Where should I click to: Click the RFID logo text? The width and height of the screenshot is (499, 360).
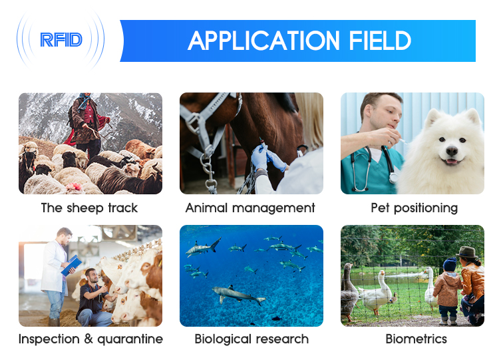pos(61,40)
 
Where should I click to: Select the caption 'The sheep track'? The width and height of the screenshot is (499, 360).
pos(89,208)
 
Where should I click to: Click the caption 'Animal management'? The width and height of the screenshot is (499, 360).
pos(250,208)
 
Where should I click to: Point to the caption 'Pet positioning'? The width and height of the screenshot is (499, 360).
pos(414,208)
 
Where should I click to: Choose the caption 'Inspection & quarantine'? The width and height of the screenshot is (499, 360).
pos(90,339)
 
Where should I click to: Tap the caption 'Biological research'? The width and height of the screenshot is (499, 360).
pos(251,339)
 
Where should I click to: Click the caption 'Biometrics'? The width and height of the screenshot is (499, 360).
pos(416,339)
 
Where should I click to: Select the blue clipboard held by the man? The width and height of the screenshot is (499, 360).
pos(71,265)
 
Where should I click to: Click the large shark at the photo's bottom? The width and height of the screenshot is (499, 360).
pos(238,294)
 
